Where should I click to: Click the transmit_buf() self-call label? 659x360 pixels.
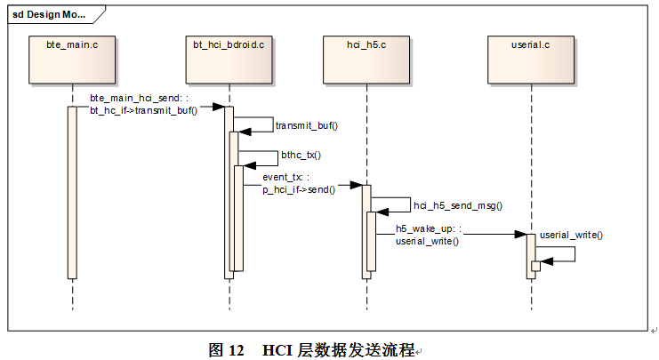pyautogui.click(x=307, y=126)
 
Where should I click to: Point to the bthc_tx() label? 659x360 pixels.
pyautogui.click(x=301, y=155)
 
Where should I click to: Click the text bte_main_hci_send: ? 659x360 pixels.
pyautogui.click(x=139, y=98)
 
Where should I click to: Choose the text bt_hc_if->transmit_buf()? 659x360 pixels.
pyautogui.click(x=143, y=109)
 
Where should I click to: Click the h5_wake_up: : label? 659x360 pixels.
pyautogui.click(x=428, y=229)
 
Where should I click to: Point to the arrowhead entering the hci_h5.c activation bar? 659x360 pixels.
pyautogui.click(x=356, y=186)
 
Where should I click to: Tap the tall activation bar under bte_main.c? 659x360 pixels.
pyautogui.click(x=72, y=191)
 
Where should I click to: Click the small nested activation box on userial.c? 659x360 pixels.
pyautogui.click(x=535, y=266)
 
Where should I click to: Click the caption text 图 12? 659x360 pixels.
pyautogui.click(x=226, y=349)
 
